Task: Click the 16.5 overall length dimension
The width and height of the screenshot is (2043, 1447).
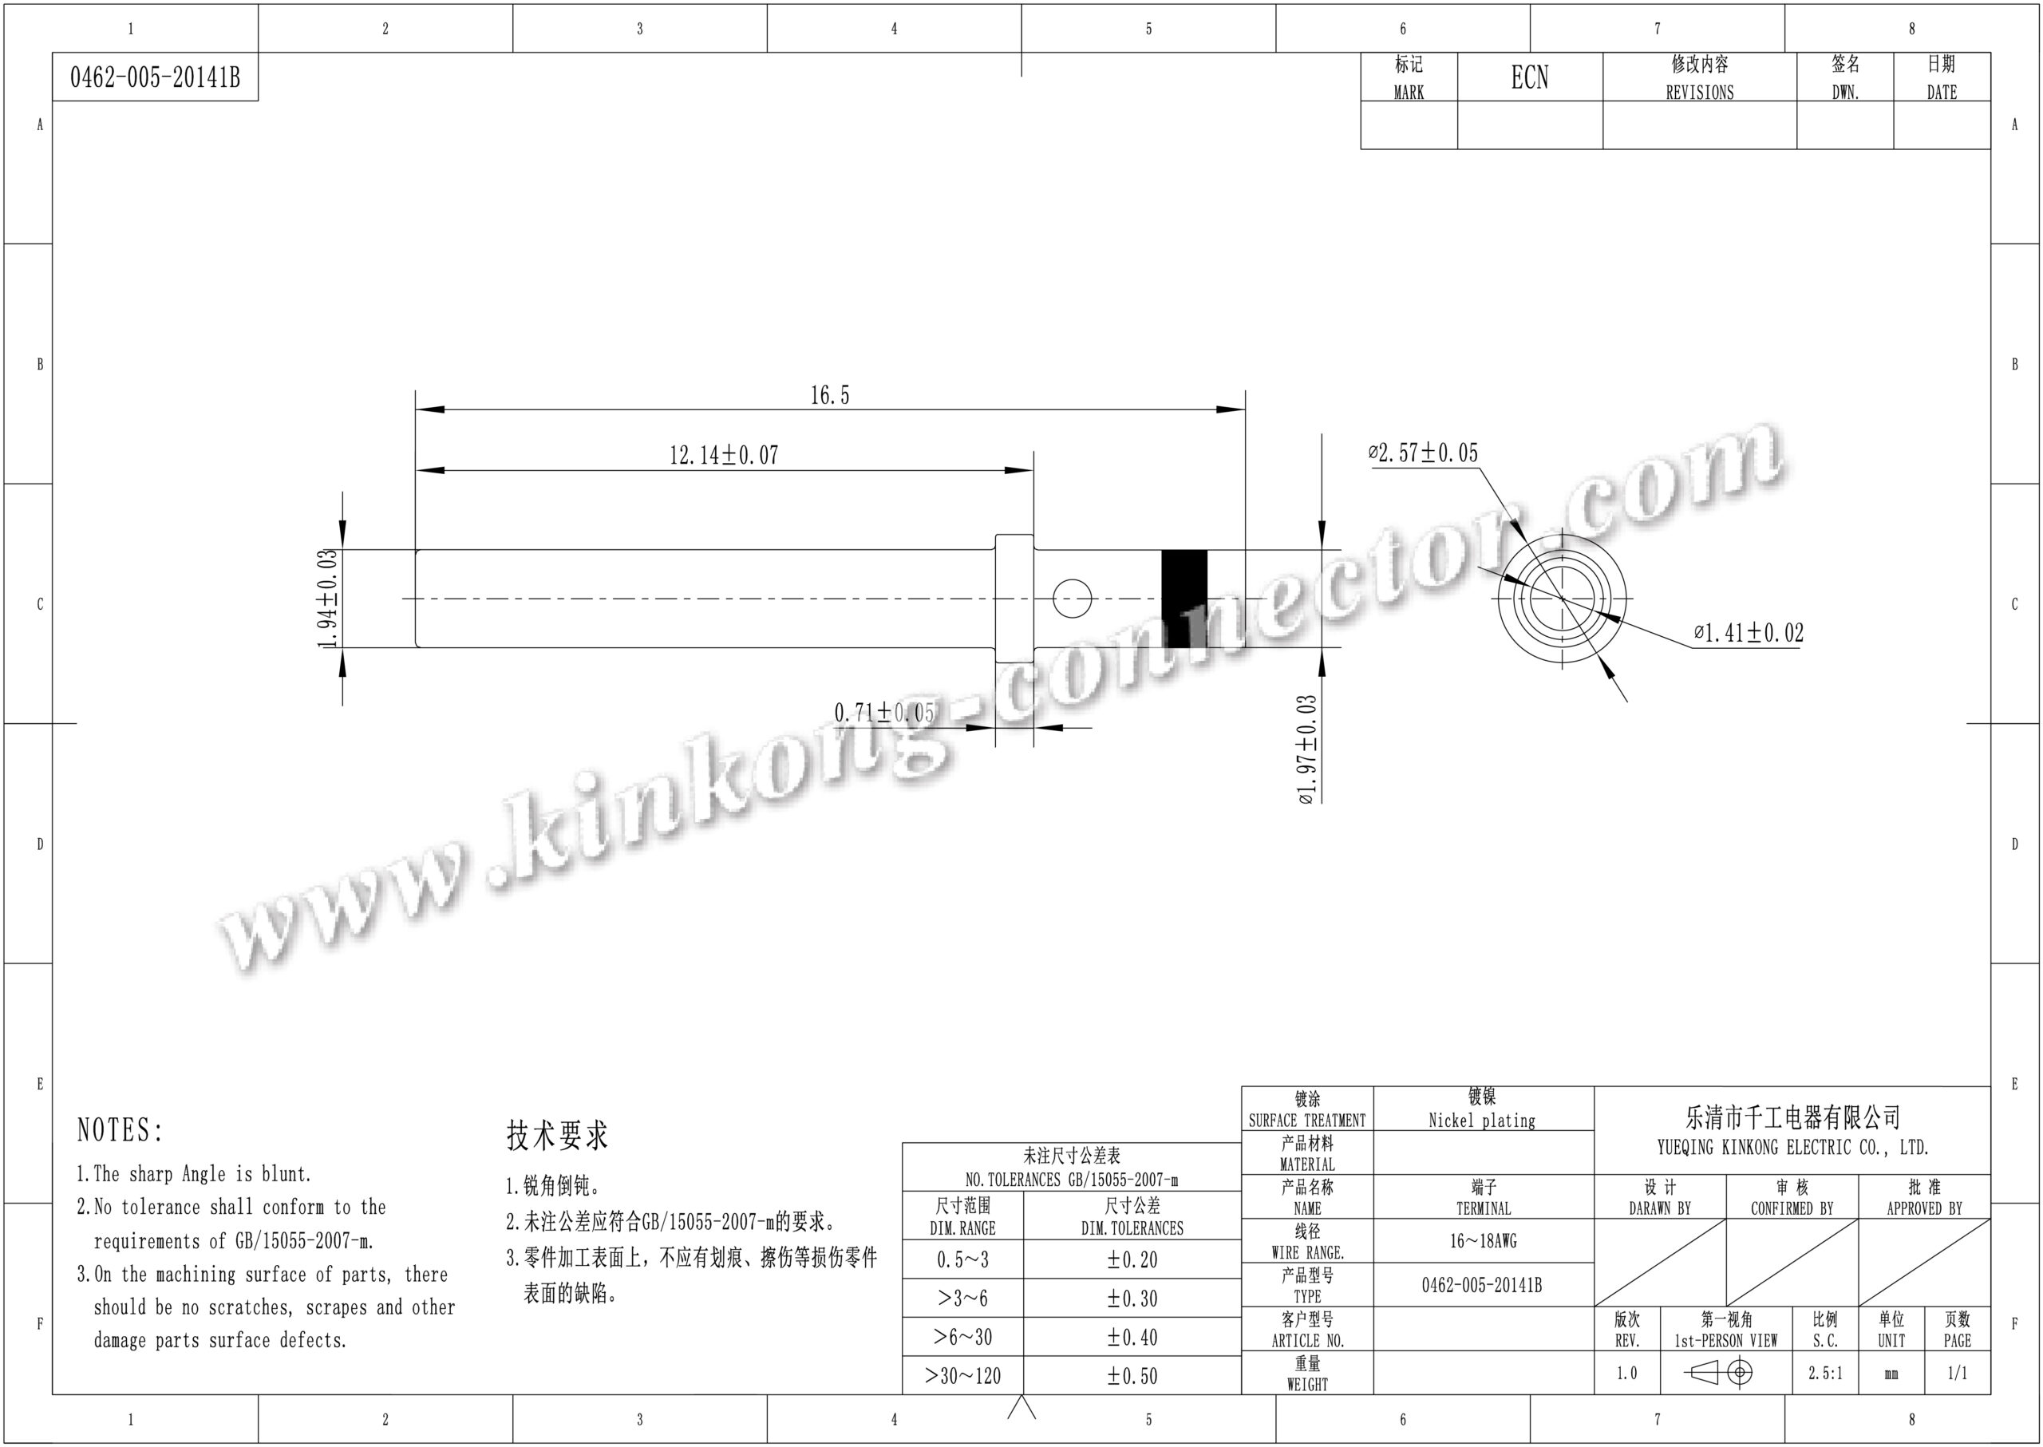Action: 829,396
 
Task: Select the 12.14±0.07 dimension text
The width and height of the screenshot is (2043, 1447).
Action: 724,455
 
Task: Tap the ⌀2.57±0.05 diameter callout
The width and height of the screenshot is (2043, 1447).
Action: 1423,453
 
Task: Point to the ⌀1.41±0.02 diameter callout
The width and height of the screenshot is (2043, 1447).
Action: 1748,634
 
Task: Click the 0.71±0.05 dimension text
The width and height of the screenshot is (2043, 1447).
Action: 884,713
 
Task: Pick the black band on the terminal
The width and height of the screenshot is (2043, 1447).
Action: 1184,598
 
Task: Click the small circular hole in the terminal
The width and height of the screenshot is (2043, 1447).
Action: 1072,598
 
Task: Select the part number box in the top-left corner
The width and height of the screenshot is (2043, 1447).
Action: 155,77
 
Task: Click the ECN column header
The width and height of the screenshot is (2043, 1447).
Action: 1529,77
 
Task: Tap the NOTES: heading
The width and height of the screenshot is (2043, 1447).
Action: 121,1131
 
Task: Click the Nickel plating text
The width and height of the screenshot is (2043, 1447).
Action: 1482,1121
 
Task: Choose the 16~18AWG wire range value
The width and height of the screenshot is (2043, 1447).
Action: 1483,1240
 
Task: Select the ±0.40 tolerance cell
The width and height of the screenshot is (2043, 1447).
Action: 1132,1337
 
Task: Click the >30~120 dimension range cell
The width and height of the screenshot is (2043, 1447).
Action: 962,1376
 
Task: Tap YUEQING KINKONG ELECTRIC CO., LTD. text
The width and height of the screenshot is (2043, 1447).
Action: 1792,1148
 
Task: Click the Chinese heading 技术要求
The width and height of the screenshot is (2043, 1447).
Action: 557,1135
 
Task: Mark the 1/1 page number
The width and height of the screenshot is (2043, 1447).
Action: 1957,1373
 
